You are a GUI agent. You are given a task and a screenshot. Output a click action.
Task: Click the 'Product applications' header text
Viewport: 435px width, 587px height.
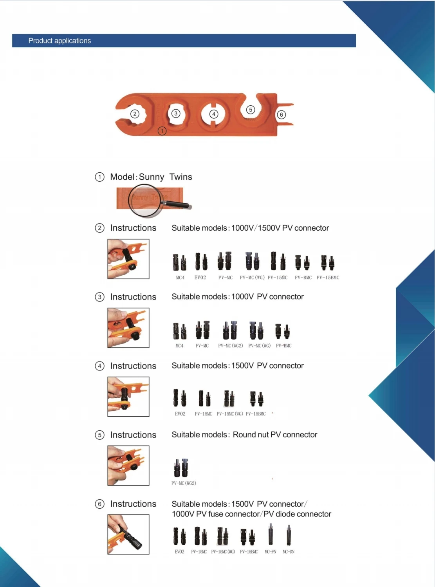point(60,41)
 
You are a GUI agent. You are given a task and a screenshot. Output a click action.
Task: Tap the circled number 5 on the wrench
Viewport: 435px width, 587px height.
point(251,110)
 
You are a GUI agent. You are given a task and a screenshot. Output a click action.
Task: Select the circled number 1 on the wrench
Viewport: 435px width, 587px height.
point(162,131)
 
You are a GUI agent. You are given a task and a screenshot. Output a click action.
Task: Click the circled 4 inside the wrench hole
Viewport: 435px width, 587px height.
point(214,114)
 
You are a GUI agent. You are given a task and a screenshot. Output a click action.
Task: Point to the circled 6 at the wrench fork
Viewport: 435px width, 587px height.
point(281,115)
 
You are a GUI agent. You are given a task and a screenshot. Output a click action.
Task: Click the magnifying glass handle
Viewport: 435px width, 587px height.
point(177,204)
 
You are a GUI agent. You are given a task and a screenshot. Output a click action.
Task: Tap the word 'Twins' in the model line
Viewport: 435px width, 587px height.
point(181,177)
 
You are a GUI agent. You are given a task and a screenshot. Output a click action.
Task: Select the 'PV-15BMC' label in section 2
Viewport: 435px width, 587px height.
point(328,277)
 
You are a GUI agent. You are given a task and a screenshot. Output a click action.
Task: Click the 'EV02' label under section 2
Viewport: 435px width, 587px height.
point(200,277)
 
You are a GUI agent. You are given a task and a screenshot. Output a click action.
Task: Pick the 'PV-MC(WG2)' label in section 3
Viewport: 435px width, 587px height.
point(231,346)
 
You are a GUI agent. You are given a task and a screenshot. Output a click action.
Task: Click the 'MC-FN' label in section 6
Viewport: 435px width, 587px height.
point(271,551)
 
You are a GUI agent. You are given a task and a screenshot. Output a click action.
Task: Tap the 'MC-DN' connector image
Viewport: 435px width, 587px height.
point(289,535)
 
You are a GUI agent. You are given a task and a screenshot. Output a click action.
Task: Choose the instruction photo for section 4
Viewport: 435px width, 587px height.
point(128,396)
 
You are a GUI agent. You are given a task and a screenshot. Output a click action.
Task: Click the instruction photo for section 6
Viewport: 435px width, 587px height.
point(128,534)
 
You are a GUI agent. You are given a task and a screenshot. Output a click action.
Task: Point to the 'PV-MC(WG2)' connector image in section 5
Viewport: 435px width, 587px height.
point(181,468)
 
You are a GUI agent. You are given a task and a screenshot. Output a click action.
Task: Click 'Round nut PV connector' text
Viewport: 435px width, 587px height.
point(275,435)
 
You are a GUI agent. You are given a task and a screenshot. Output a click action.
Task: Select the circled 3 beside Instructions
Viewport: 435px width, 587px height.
point(99,297)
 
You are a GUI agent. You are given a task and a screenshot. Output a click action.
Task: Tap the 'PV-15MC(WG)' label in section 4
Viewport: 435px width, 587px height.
point(230,414)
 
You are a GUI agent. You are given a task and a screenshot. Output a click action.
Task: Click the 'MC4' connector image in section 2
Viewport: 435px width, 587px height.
point(180,262)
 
